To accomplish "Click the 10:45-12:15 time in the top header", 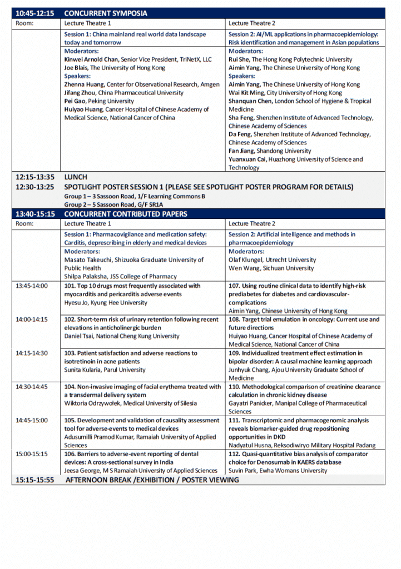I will coord(34,13).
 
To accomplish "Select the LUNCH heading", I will coord(76,177).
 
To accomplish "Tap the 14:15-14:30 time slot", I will coord(32,353).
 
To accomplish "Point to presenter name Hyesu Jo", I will coord(106,303).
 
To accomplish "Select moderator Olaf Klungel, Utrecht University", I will coord(272,259).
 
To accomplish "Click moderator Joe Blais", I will coord(115,68).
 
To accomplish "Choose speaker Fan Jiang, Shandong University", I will coord(270,151).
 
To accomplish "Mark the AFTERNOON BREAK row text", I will coord(152,480).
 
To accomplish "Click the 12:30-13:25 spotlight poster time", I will coord(34,187).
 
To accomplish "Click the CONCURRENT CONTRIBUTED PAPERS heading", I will coord(126,214).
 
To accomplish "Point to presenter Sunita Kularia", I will coord(105,370).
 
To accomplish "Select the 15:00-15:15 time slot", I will coord(32,453).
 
